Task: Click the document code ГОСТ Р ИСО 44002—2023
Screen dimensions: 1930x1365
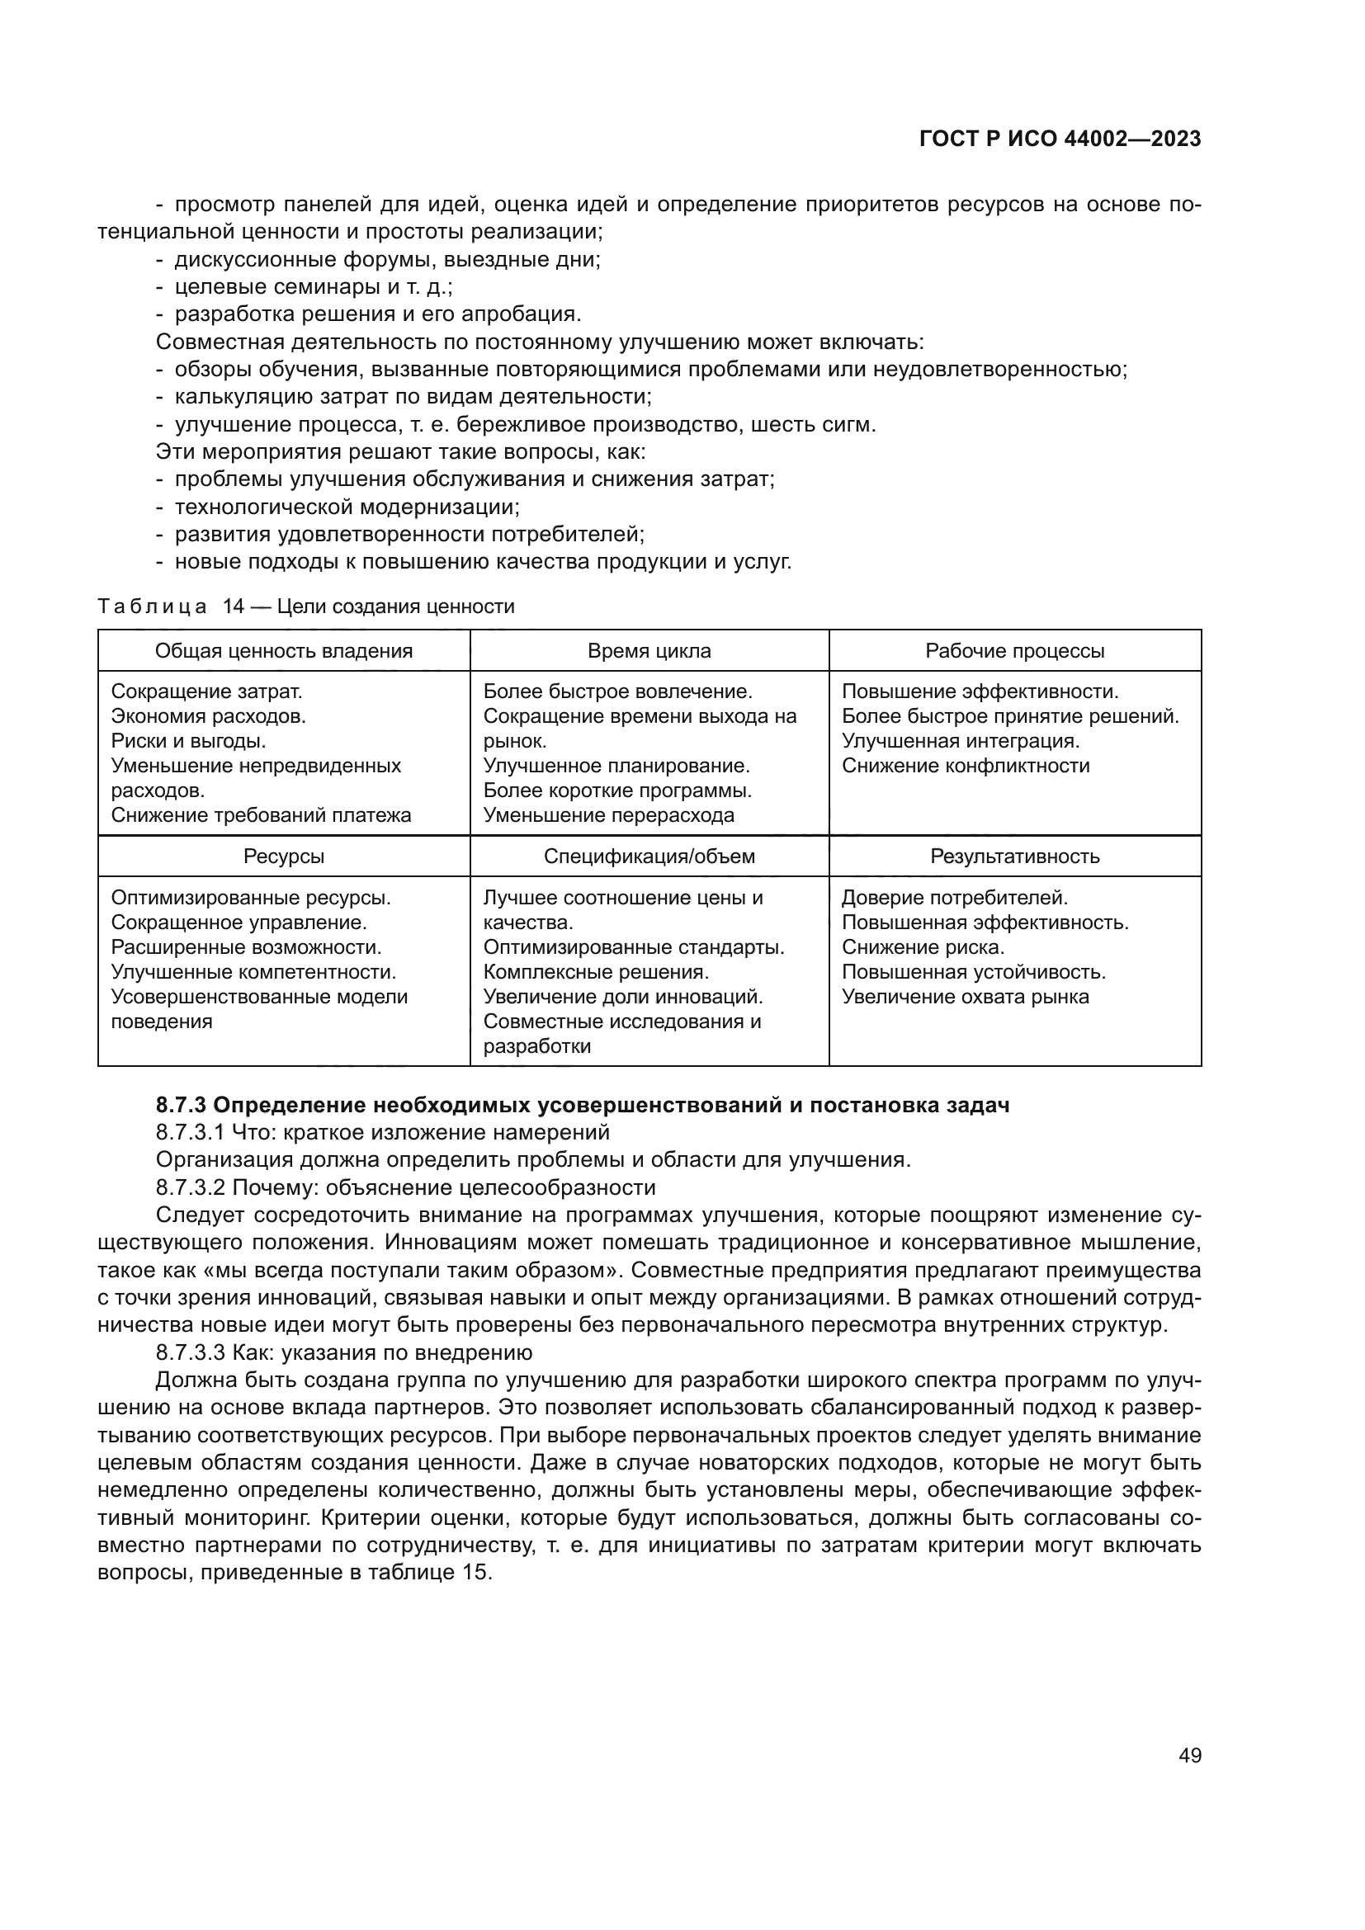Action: pos(1060,139)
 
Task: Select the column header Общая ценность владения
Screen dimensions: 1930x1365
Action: pos(283,650)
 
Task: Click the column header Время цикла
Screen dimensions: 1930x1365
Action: pos(649,650)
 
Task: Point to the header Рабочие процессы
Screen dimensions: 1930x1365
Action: pos(1014,650)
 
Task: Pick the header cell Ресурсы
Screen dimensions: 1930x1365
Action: pos(283,856)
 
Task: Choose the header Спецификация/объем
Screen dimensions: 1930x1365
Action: pos(649,856)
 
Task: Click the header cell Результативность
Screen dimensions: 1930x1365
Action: pos(1014,856)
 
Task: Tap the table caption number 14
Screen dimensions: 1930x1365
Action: pos(233,607)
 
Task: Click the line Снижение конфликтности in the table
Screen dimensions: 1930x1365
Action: pos(965,766)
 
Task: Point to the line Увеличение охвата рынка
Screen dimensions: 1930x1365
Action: pos(965,997)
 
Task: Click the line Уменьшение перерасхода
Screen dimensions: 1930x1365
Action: pos(608,815)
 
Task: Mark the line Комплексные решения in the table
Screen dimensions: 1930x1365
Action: pos(596,973)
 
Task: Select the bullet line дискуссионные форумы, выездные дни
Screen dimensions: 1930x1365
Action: pos(388,260)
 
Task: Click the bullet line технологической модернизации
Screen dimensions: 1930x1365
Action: pos(347,507)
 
